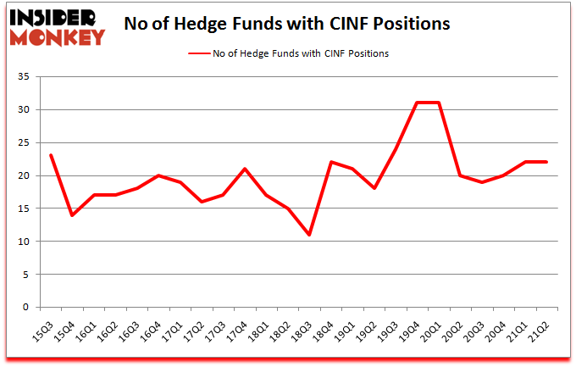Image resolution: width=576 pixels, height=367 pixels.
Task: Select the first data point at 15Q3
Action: coord(51,156)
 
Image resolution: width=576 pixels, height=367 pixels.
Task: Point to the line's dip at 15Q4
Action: coord(72,215)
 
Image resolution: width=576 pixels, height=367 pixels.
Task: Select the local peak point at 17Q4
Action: coord(246,169)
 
